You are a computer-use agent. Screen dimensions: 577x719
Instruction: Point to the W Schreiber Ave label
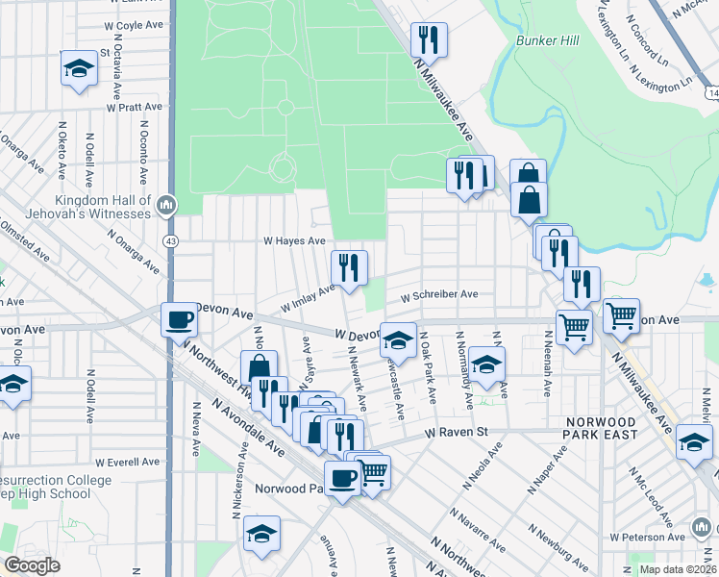(x=439, y=295)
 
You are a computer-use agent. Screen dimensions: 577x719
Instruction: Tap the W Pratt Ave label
(x=132, y=108)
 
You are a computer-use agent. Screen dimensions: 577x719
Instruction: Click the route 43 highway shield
(x=169, y=239)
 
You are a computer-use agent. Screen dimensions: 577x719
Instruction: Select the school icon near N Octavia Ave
(x=79, y=68)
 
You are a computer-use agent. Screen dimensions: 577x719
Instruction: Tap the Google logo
(x=31, y=564)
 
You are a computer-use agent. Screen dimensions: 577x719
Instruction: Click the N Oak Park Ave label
(x=430, y=368)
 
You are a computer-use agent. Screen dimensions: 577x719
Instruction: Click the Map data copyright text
(x=677, y=569)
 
